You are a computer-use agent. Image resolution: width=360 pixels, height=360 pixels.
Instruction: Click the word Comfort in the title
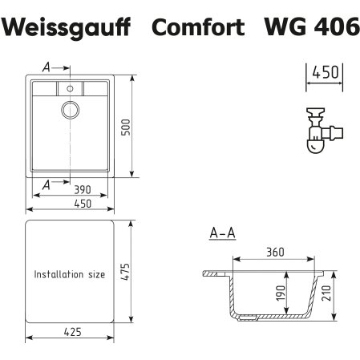point(198,29)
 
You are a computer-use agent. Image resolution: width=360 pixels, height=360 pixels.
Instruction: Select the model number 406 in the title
point(334,29)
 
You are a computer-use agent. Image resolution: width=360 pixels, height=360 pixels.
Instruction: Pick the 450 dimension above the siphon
point(325,72)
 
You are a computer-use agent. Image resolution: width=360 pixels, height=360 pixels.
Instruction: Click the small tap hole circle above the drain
point(71,86)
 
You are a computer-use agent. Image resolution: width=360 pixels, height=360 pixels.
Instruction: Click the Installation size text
point(69,274)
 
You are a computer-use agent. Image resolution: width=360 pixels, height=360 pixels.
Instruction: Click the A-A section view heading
point(221,234)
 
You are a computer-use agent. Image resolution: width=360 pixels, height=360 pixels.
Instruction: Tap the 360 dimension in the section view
point(275,253)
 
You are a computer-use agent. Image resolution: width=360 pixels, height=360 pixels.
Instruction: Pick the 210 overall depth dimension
point(340,296)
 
